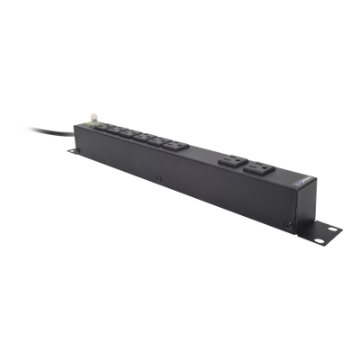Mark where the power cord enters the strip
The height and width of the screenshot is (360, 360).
click(x=75, y=128)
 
